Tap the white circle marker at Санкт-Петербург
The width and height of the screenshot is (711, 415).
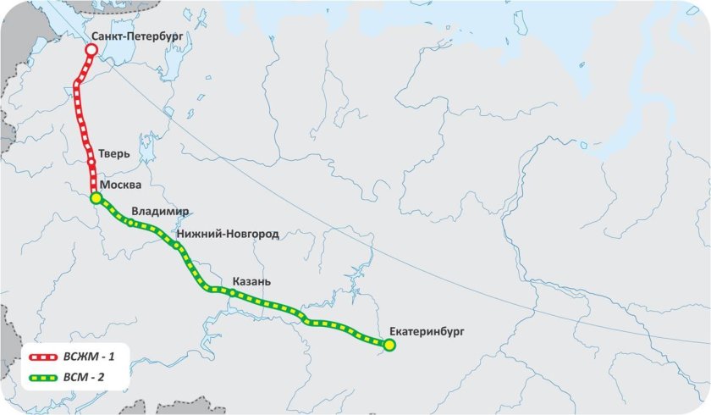point(91,50)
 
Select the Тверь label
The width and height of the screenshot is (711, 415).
point(113,154)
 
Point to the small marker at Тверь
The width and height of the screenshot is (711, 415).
point(91,158)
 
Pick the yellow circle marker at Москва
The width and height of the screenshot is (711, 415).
point(96,198)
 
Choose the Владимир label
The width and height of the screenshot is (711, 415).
point(160,212)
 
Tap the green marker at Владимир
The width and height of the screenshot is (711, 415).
point(130,224)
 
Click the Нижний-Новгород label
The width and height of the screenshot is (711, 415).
point(228,233)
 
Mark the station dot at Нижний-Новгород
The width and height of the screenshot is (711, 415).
point(177,246)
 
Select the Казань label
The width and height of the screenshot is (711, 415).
point(252,281)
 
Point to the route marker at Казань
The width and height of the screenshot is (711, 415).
point(231,293)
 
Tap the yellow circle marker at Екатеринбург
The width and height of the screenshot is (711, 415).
point(389,345)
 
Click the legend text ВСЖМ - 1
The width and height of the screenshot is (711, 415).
point(98,360)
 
